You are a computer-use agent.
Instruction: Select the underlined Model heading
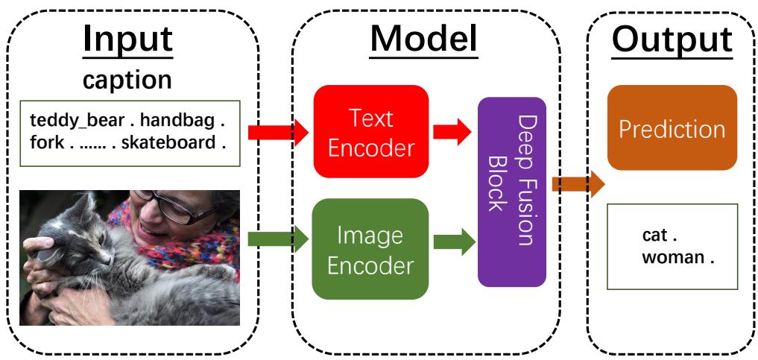point(425,40)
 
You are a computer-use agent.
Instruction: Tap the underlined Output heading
point(667,40)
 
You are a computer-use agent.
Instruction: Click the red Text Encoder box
point(370,132)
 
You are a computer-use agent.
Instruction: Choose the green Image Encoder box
point(370,249)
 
